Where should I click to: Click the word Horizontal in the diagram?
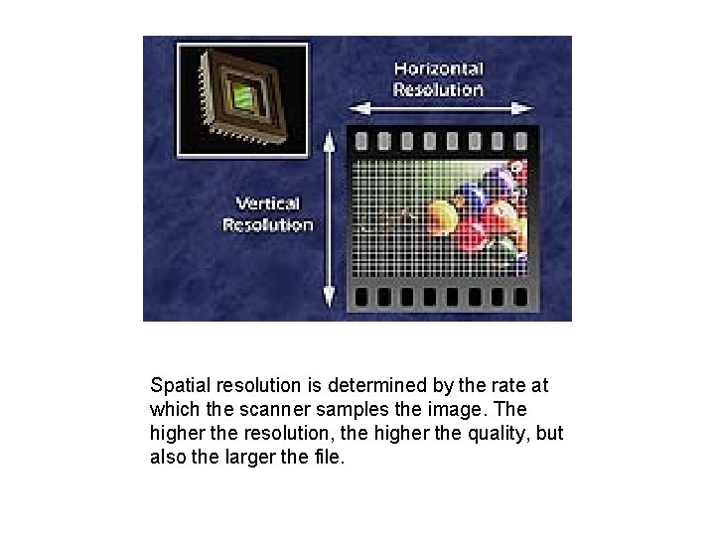click(x=438, y=68)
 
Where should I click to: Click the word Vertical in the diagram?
click(x=266, y=202)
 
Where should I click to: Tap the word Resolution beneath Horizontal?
click(x=438, y=89)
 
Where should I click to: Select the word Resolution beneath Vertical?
click(x=267, y=224)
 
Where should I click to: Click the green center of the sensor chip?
click(x=239, y=95)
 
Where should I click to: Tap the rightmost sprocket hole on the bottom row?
click(x=518, y=297)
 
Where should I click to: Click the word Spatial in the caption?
click(x=175, y=383)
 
